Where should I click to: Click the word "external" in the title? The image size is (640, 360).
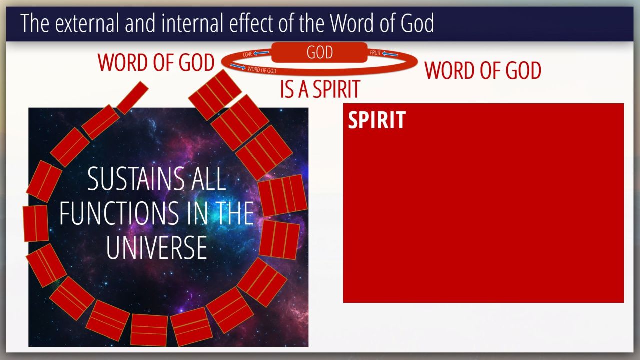click(x=87, y=23)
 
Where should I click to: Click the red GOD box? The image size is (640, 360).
click(x=319, y=52)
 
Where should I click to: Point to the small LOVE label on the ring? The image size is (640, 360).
click(x=248, y=54)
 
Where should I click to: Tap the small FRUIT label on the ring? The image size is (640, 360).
click(x=375, y=53)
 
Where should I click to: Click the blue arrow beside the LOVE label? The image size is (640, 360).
click(x=261, y=53)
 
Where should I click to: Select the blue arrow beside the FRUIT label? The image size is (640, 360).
click(x=390, y=54)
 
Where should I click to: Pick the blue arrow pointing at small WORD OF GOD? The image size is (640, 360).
click(x=238, y=67)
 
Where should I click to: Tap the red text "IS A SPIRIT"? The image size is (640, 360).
click(x=320, y=89)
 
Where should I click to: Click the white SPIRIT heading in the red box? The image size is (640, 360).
click(x=377, y=120)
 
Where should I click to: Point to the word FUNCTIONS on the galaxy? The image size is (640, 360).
click(x=119, y=213)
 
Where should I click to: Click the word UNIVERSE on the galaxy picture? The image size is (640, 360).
click(x=156, y=247)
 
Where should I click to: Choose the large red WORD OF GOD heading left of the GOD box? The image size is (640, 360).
click(x=156, y=62)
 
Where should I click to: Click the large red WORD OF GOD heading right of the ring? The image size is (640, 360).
click(x=483, y=70)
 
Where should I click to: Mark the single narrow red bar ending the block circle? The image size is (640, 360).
click(x=132, y=98)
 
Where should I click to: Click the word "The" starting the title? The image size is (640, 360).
click(x=35, y=23)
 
